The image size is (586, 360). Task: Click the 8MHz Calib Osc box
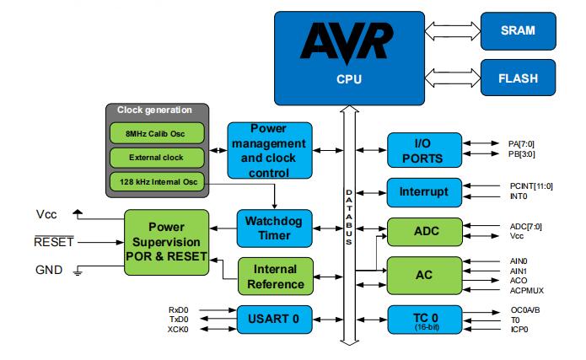(158, 132)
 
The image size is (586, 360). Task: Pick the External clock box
(158, 157)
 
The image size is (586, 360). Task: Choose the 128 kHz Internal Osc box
(158, 181)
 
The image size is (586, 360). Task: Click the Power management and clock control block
(271, 149)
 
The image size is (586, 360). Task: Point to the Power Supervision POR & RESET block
(166, 242)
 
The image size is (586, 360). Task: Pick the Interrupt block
(423, 191)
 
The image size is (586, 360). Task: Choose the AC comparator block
(423, 275)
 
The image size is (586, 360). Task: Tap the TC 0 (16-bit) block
(423, 318)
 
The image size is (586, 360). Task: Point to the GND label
(48, 271)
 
